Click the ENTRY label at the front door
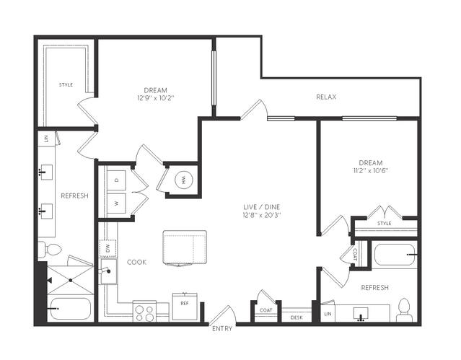point(222,328)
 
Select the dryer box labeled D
point(116,180)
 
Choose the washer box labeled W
point(116,203)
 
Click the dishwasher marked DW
point(107,248)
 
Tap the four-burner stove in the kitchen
point(144,311)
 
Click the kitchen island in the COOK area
point(185,248)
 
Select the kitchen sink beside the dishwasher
point(108,271)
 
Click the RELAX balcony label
point(326,97)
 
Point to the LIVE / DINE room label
point(262,207)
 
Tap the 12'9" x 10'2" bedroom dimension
point(156,98)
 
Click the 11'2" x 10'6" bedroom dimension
point(371,170)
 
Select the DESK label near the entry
point(297,317)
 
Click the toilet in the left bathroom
point(50,250)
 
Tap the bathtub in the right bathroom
point(395,255)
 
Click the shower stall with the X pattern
point(71,281)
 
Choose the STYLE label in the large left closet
point(66,84)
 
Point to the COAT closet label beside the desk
point(265,310)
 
